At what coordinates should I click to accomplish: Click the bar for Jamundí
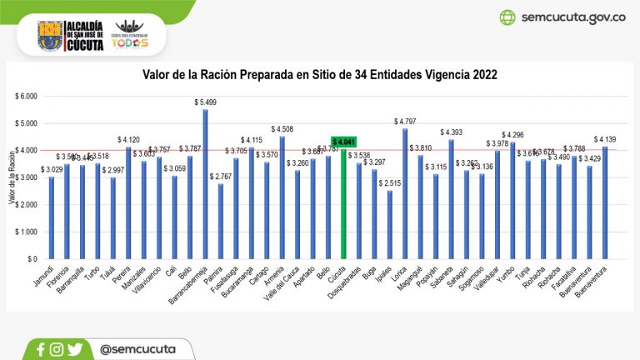51,218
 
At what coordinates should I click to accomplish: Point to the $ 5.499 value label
205,102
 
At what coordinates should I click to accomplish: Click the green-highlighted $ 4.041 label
344,142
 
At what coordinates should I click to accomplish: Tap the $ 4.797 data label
406,121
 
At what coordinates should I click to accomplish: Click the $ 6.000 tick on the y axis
27,96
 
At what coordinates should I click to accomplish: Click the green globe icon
507,17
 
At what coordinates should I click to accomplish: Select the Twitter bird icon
76,350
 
